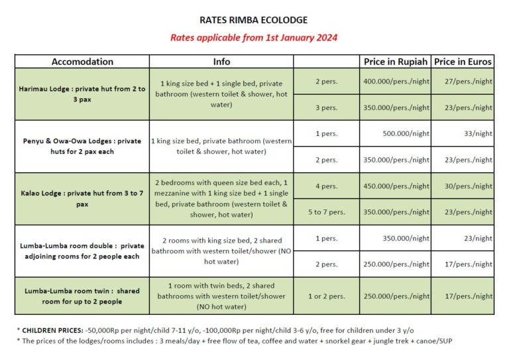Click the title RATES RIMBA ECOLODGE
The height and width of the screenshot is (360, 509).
(254, 20)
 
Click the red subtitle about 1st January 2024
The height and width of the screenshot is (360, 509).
(254, 37)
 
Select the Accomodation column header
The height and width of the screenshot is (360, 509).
(82, 62)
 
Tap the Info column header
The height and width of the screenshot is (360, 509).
(221, 62)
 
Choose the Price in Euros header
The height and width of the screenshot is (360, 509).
(463, 62)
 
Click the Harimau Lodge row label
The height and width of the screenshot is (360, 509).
(82, 93)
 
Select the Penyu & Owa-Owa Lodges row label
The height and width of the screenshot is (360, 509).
(82, 146)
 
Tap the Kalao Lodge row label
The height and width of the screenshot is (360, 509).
(82, 199)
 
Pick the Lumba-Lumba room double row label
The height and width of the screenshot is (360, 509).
(82, 251)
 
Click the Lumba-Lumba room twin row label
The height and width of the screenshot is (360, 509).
(82, 296)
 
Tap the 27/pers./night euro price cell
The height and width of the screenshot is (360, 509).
(468, 81)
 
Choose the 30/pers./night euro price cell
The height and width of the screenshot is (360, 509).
(468, 186)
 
